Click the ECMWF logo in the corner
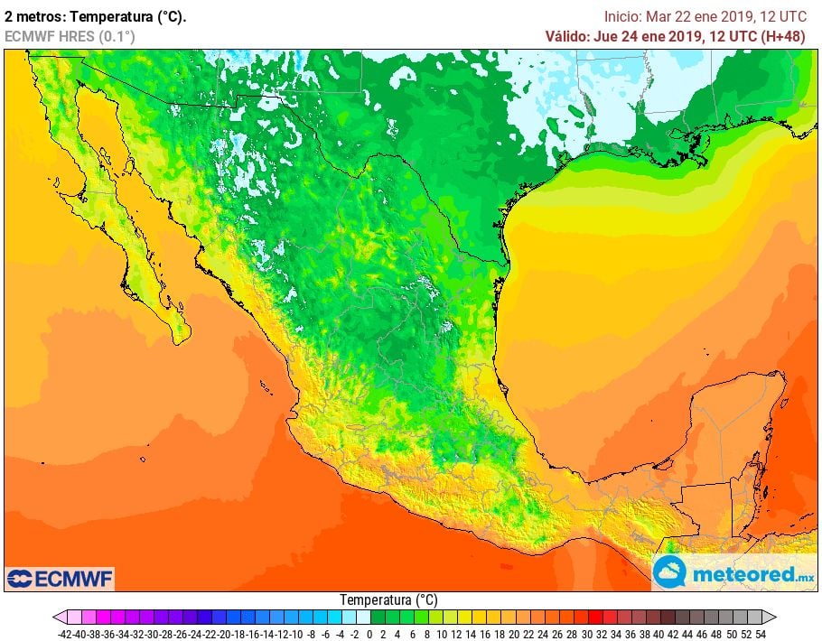click(60, 578)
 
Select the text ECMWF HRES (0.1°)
click(70, 36)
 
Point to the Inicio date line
click(705, 16)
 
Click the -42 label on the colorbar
click(64, 634)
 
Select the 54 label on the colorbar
click(761, 634)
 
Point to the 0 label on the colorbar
click(369, 634)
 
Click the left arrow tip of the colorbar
click(56, 618)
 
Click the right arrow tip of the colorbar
click(774, 618)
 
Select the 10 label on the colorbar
click(442, 634)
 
